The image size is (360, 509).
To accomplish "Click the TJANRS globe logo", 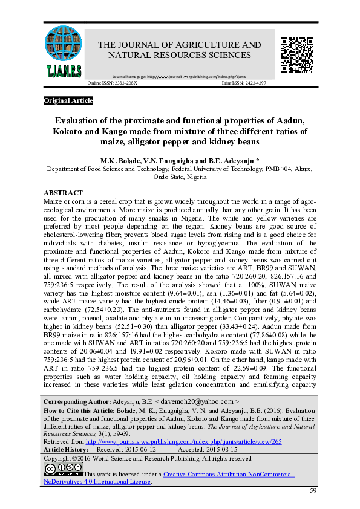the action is (x=64, y=52).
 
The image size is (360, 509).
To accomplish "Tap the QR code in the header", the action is (x=296, y=52).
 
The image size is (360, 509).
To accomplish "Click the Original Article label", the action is (x=68, y=100).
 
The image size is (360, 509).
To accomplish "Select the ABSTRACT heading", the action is (x=64, y=193).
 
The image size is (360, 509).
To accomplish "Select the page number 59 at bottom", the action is (x=313, y=490).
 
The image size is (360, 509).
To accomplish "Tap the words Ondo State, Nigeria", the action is (x=179, y=178).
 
